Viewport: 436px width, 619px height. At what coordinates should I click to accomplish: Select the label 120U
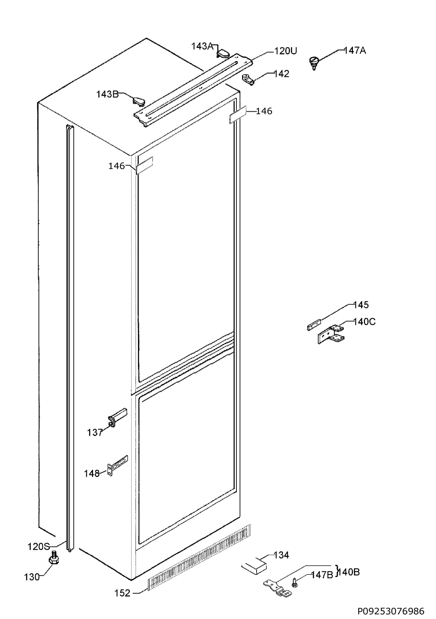286,51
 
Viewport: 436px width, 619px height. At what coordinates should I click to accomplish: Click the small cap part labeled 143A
223,53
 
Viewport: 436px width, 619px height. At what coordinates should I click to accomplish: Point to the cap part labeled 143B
138,101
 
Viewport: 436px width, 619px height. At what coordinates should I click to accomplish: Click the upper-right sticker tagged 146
238,115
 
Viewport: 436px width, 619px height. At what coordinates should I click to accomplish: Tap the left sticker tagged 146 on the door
144,166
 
